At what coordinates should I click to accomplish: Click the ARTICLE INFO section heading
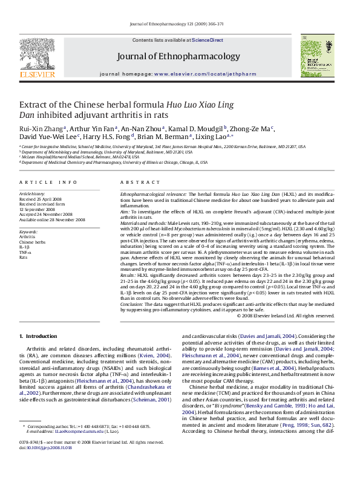pyautogui.click(x=48, y=182)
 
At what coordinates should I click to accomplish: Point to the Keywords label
pyautogui.click(x=28, y=232)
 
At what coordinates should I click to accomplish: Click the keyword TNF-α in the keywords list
pyautogui.click(x=25, y=252)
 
